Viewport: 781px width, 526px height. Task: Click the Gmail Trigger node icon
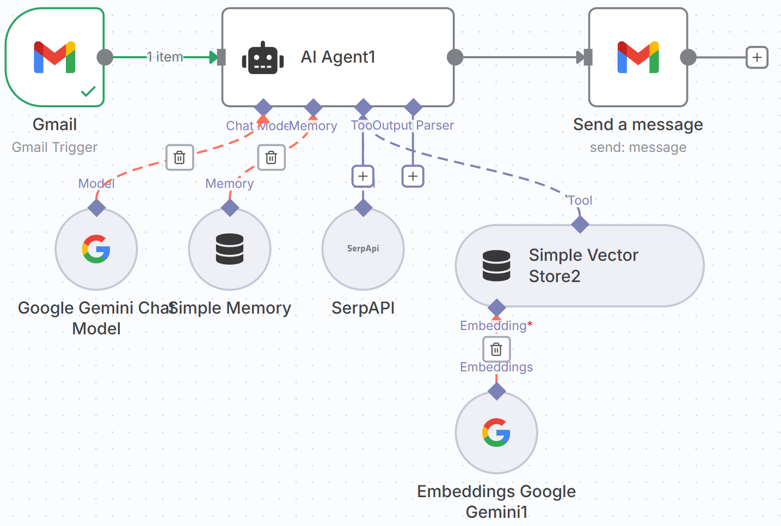click(x=54, y=57)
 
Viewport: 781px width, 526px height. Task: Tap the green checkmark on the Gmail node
click(x=88, y=91)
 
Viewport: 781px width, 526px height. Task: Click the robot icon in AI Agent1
click(x=263, y=58)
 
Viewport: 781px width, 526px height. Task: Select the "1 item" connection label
click(x=165, y=57)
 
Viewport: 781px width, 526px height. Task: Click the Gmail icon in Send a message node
click(x=638, y=57)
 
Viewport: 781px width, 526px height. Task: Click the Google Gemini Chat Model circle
click(x=96, y=249)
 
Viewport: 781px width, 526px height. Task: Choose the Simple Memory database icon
click(x=230, y=249)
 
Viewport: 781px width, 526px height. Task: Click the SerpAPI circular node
click(x=363, y=249)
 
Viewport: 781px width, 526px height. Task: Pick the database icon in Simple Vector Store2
click(x=496, y=266)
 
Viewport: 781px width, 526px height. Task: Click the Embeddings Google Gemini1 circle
click(x=496, y=433)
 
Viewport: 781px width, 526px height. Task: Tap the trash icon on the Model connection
click(x=180, y=158)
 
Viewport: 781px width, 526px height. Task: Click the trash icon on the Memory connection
click(x=271, y=158)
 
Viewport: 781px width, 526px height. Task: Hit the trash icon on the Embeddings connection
click(x=496, y=349)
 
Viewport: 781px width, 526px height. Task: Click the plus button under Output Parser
click(x=413, y=176)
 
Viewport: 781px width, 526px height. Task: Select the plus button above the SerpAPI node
click(x=363, y=176)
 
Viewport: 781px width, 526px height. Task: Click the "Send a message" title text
click(x=638, y=125)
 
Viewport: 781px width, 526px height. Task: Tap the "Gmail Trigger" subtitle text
click(x=54, y=148)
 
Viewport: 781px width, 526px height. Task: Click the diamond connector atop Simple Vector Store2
click(x=580, y=224)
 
